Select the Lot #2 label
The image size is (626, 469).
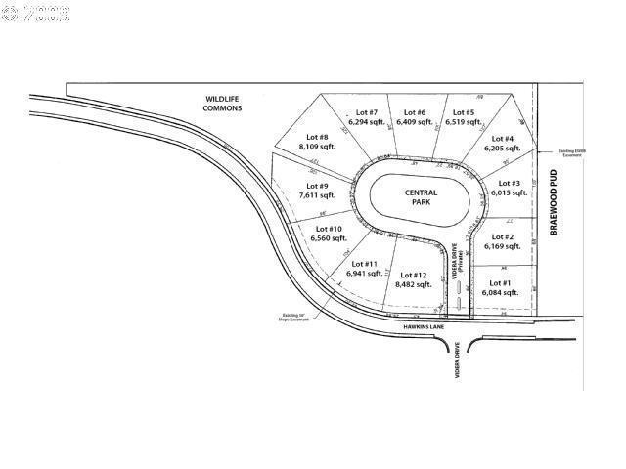click(502, 237)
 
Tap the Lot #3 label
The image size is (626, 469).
click(509, 183)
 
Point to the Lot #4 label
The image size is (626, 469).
click(502, 140)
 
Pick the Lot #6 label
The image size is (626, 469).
click(415, 112)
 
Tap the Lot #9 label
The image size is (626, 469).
click(316, 186)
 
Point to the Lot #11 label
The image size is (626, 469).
click(363, 264)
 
